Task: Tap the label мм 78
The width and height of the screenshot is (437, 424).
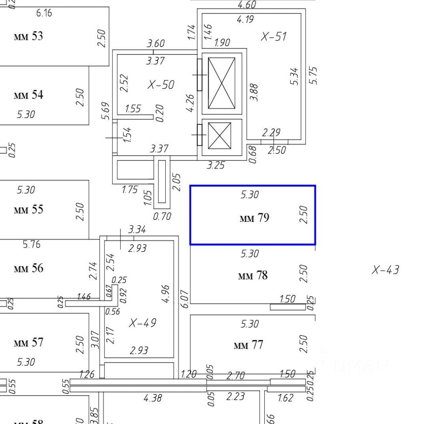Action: pos(252,276)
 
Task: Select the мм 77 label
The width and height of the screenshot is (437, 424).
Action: pos(248,345)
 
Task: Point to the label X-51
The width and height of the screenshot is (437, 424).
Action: pos(273,37)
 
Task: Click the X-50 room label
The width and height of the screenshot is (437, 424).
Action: pos(161,85)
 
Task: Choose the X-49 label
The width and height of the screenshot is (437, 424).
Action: pos(142,323)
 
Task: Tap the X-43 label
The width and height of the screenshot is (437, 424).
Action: pos(385,270)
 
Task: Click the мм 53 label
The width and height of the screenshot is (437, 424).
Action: pos(28,36)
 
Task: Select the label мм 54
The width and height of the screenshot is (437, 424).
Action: pos(28,95)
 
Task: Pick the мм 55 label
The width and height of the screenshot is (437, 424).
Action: pos(28,209)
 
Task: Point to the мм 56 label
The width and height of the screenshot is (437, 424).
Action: pos(28,268)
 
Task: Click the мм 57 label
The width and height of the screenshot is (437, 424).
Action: pos(28,342)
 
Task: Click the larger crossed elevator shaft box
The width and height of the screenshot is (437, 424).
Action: pos(221,83)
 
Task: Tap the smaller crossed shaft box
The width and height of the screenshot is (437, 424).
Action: pos(220,136)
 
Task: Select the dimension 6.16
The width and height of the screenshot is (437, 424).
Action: pos(44,13)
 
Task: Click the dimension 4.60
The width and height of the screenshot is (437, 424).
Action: pos(247,5)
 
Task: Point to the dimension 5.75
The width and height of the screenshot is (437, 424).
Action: pos(314,75)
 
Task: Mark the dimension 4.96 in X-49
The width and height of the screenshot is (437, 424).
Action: pos(166,294)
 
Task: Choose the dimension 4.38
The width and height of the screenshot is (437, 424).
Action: pos(153,398)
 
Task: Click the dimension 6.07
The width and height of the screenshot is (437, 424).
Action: pos(184,298)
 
